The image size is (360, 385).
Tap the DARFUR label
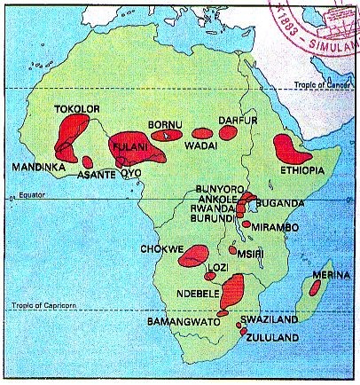[238, 118]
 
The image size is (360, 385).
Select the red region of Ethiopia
[289, 149]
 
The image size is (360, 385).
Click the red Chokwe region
[192, 255]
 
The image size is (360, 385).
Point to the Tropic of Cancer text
[324, 85]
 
